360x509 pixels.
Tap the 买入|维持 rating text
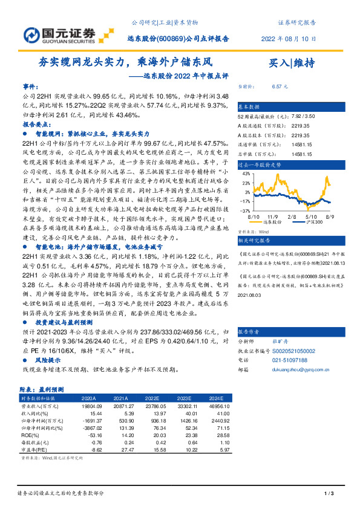[291, 63]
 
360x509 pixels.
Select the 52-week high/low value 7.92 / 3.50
[302, 115]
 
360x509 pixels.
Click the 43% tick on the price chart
[246, 172]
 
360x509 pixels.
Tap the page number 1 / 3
[329, 496]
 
